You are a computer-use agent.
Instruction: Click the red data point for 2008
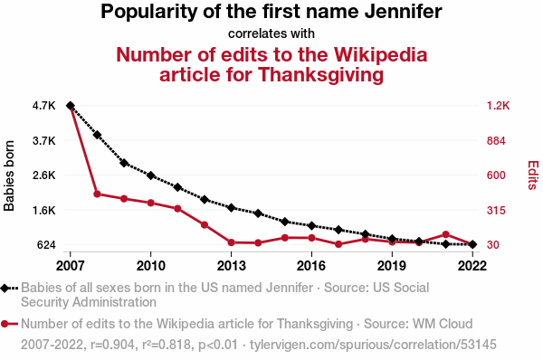98,194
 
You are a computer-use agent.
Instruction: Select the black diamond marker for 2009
124,163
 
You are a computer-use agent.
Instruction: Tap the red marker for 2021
445,234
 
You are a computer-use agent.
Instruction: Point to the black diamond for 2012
205,199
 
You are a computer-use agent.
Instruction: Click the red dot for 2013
232,242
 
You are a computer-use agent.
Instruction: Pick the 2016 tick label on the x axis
311,266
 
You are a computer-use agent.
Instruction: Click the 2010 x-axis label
150,266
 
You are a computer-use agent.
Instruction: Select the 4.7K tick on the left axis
43,106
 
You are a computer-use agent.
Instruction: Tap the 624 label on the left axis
46,245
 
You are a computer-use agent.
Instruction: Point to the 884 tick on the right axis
496,141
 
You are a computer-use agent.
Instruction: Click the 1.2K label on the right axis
499,106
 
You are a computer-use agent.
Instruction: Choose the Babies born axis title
9,175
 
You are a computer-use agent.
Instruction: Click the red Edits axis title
533,175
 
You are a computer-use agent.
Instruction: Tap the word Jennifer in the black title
403,12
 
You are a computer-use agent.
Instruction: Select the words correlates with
271,33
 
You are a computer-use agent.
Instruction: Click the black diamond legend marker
5,288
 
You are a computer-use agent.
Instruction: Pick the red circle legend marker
5,324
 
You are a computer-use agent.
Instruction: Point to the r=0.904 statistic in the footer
112,345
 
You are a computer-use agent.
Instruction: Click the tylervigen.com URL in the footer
373,345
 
